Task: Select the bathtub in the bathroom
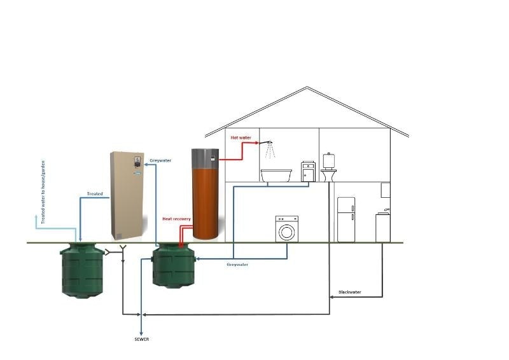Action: click(x=276, y=175)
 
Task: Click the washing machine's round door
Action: click(x=286, y=232)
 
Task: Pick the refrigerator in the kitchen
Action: click(x=346, y=219)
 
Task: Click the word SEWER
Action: click(x=141, y=339)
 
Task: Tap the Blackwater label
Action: click(x=349, y=292)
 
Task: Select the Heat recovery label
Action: click(x=176, y=219)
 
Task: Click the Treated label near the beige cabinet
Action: click(x=95, y=193)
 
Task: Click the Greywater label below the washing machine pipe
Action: click(x=237, y=265)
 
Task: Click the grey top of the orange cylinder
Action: click(x=206, y=157)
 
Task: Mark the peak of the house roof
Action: click(x=307, y=88)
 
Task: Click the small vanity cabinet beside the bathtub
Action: click(x=308, y=172)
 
